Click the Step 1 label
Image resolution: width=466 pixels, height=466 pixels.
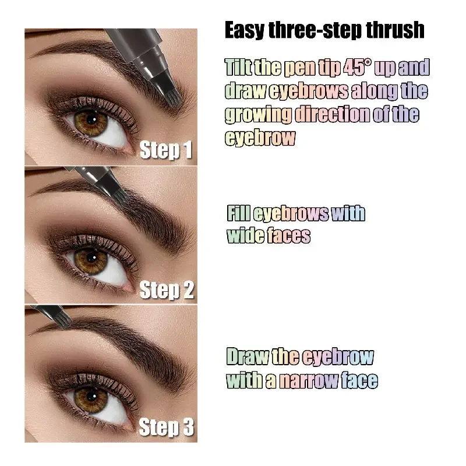(166, 150)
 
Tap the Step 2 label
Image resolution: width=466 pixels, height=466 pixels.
(167, 289)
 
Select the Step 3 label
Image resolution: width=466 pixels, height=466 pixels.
(167, 428)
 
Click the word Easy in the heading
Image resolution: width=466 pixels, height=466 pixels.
(245, 30)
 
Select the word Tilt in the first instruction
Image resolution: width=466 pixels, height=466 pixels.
(239, 68)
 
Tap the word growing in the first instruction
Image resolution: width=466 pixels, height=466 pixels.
(258, 114)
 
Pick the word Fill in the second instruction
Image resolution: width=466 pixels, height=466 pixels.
(238, 213)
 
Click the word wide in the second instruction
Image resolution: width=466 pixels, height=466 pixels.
(245, 235)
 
